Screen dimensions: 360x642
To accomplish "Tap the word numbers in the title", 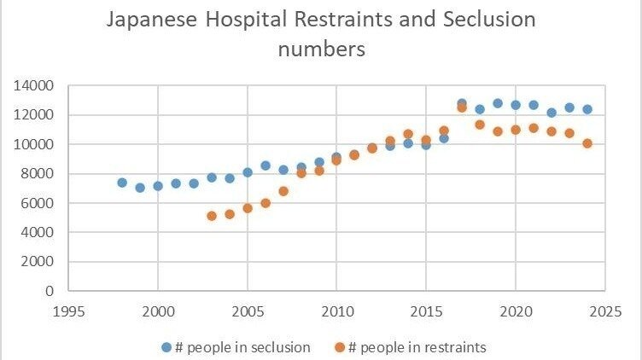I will pos(322,49).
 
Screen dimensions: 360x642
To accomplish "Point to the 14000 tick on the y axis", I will pos(34,85).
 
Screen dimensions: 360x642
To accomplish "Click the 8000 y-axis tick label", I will pos(38,173).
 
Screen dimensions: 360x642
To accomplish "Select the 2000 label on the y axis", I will pos(38,261).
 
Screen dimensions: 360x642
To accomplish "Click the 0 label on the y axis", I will pos(49,290).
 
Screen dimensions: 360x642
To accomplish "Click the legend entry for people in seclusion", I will pos(236,346).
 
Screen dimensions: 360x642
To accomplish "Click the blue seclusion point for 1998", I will pos(122,183).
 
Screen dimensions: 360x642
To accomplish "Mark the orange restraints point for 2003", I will pos(212,216).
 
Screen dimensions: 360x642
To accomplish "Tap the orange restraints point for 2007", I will pos(283,191).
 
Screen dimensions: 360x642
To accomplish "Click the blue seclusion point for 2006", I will pos(266,165).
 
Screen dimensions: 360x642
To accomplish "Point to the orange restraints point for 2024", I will pos(587,143).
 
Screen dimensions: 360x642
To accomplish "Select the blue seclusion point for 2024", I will pos(587,109).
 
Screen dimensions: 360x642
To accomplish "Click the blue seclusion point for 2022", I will pos(552,113).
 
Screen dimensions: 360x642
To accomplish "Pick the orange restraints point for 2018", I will pos(480,125).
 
